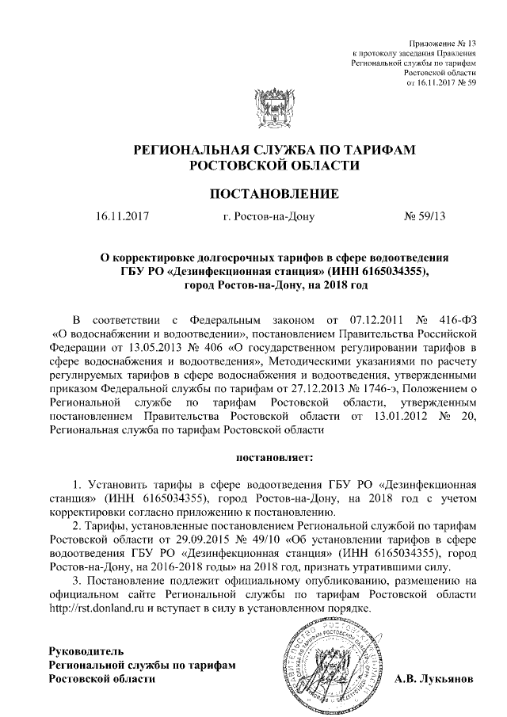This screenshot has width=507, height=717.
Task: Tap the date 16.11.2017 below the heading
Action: click(121, 215)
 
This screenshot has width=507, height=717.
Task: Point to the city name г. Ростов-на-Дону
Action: click(269, 215)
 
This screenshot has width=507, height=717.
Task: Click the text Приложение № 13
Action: click(444, 42)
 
